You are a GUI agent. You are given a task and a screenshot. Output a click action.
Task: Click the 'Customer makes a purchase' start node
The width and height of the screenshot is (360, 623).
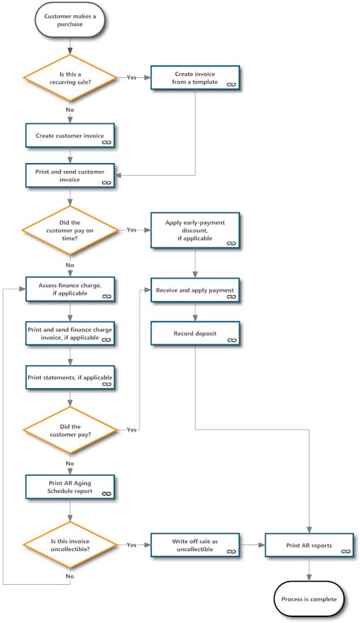click(70, 21)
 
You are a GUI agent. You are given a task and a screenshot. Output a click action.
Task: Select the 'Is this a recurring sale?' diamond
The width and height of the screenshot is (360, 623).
click(70, 78)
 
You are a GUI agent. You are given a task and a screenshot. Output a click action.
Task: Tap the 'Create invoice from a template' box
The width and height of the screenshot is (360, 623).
click(195, 78)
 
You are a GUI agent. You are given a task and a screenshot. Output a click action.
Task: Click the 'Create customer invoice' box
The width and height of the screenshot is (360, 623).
click(70, 135)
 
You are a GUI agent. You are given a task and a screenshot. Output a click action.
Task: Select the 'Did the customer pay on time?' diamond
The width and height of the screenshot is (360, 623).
click(70, 231)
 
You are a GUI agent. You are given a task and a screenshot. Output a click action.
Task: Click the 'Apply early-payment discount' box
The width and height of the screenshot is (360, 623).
click(195, 231)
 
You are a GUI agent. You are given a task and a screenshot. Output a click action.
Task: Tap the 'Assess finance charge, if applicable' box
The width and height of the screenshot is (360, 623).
click(70, 288)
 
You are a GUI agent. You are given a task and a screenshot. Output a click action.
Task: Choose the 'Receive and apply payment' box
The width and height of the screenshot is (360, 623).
click(195, 290)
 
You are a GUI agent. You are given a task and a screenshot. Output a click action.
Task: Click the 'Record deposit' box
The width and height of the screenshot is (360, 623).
click(195, 334)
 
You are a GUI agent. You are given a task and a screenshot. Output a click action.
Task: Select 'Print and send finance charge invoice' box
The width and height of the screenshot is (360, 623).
click(70, 333)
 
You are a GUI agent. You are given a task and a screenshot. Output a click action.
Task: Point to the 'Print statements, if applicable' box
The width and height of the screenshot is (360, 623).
click(70, 378)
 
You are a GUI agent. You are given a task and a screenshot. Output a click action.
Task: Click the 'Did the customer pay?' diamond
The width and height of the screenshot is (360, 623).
click(70, 430)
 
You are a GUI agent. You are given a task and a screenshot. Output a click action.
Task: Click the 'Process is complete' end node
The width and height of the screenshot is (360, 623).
click(309, 599)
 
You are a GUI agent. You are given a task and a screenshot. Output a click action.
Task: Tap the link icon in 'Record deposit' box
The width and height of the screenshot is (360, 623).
click(230, 341)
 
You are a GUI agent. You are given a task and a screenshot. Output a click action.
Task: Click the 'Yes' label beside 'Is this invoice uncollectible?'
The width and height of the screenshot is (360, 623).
click(131, 545)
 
